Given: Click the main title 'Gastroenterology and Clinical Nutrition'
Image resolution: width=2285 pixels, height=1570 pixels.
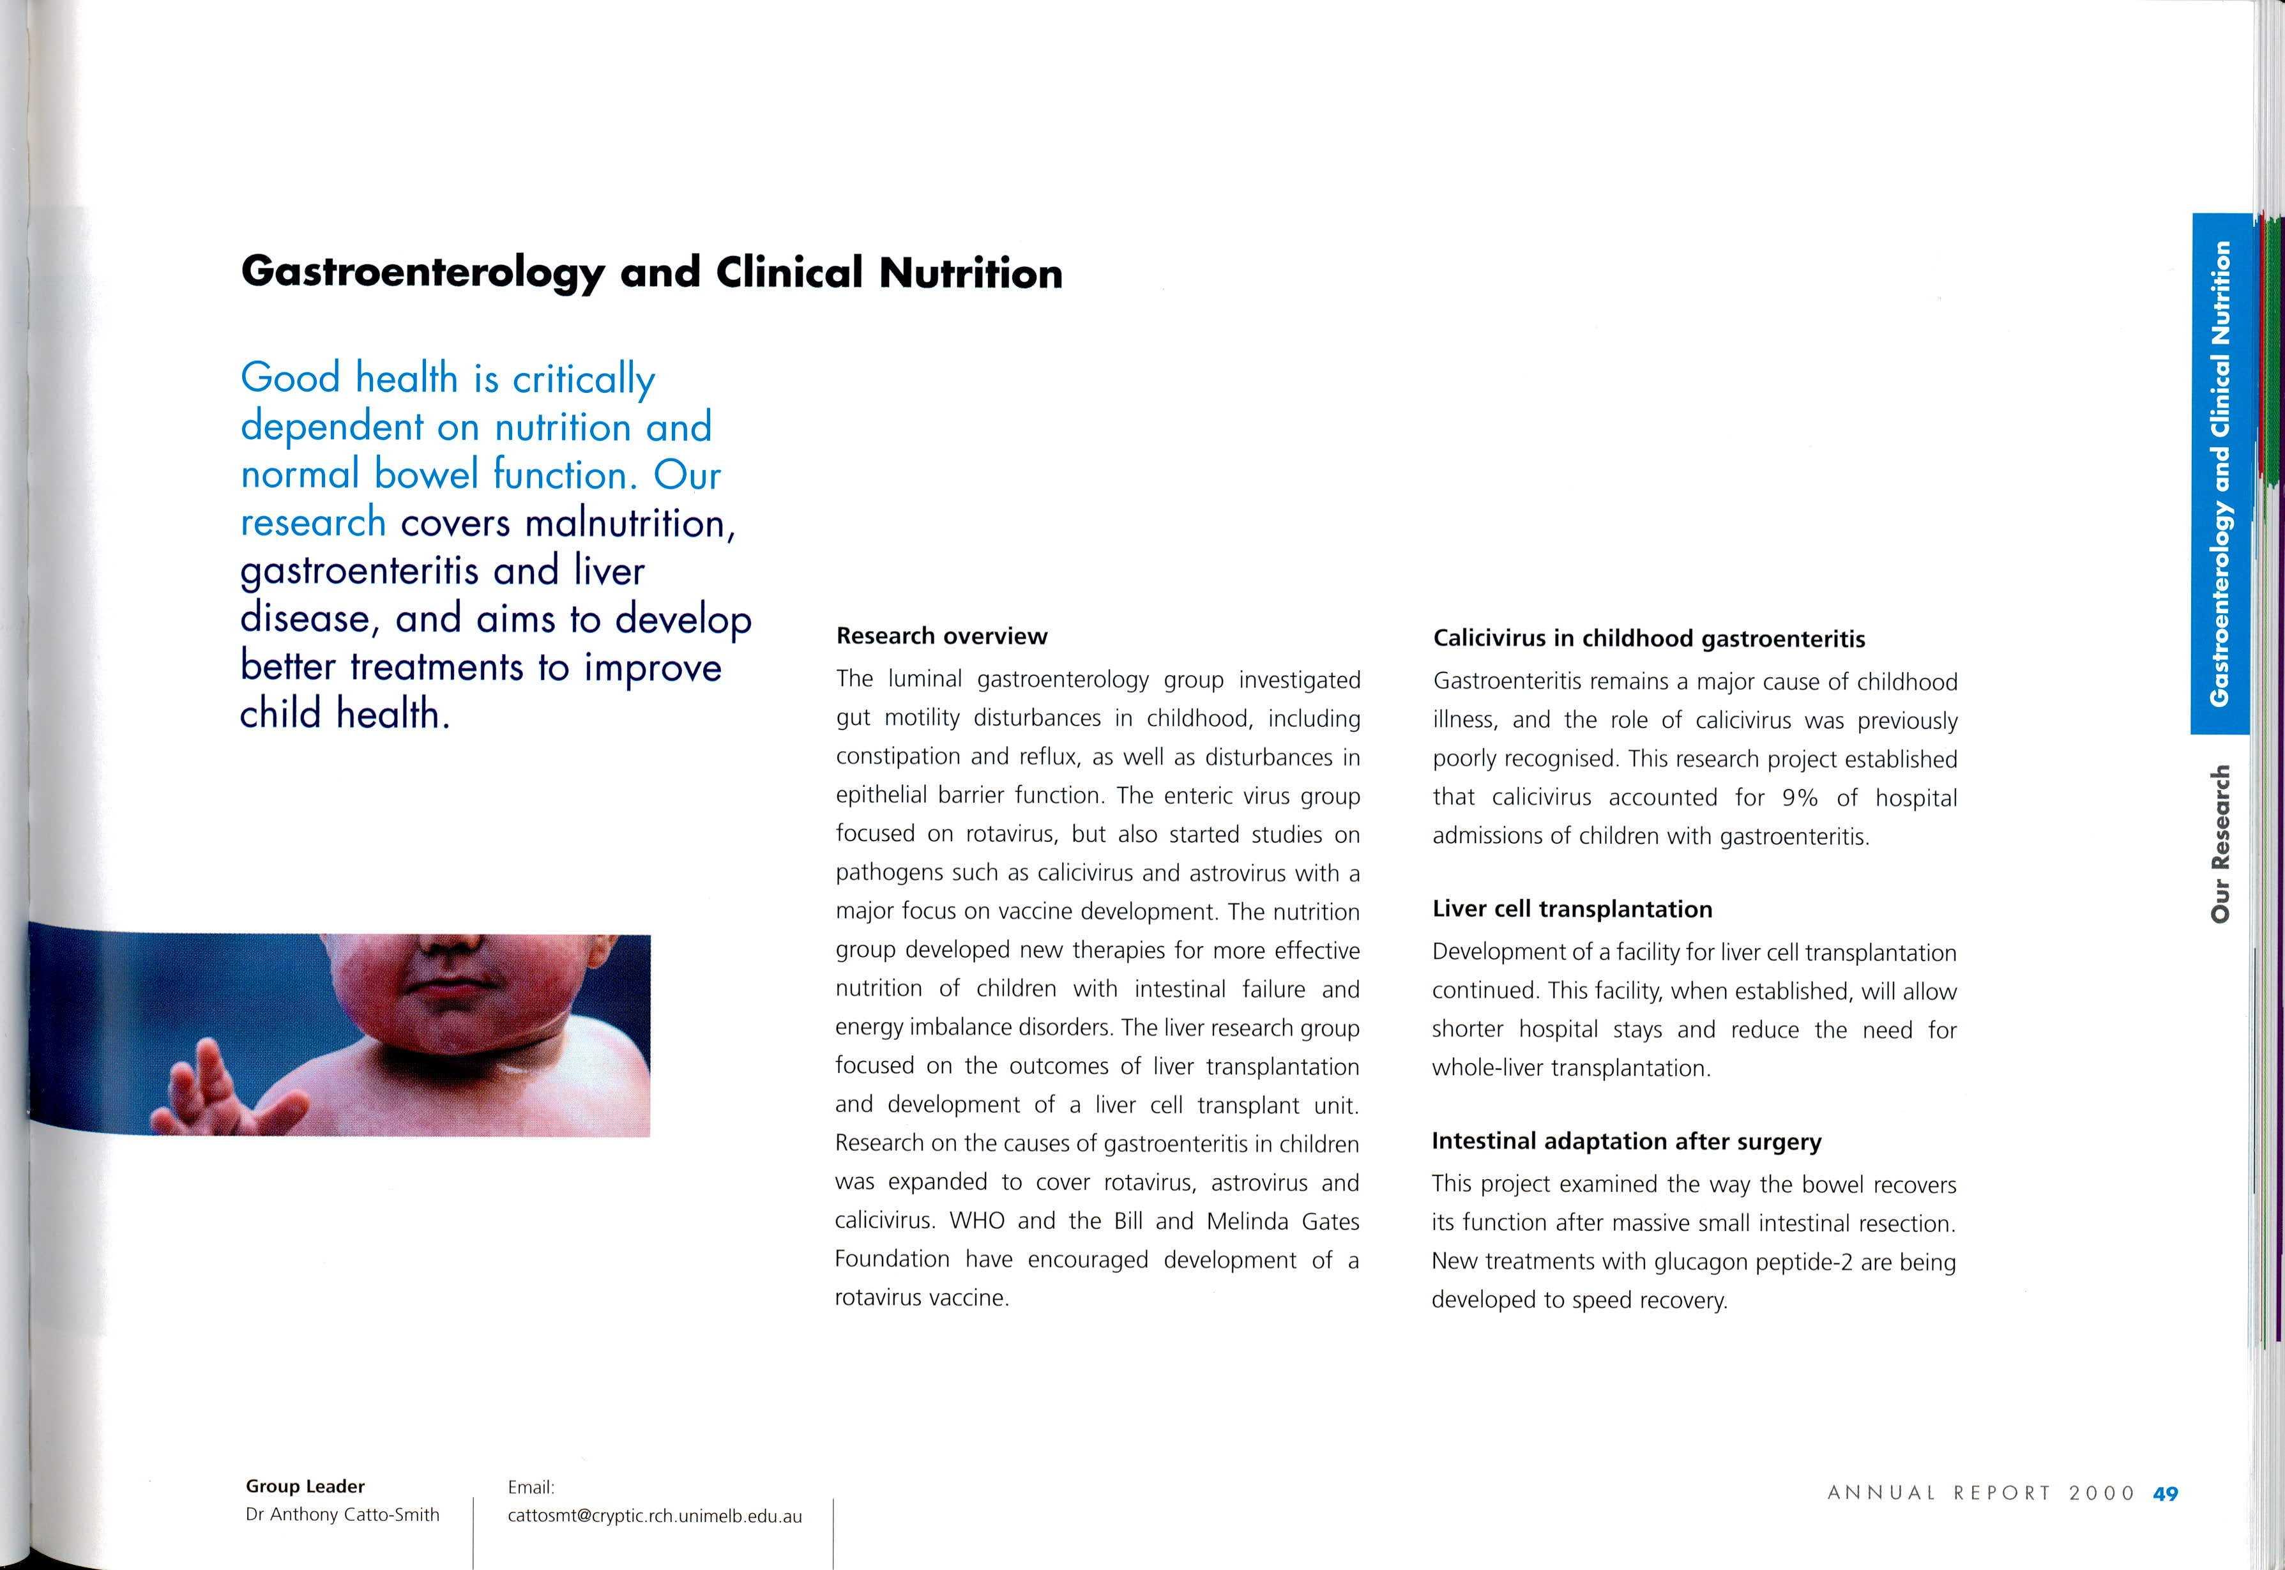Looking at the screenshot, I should (651, 273).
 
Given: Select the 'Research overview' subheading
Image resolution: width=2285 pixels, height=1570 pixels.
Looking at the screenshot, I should (941, 636).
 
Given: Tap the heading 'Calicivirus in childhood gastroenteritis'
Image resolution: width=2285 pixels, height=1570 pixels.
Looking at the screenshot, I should (1648, 639).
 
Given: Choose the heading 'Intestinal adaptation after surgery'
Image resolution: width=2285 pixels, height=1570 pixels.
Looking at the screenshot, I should (1626, 1141).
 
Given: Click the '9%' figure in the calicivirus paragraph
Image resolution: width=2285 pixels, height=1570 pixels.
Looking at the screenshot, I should (1799, 798).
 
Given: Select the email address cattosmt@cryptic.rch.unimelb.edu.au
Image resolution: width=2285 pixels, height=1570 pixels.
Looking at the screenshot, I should (654, 1516).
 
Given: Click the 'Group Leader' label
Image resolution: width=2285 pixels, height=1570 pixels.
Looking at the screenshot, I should (305, 1486).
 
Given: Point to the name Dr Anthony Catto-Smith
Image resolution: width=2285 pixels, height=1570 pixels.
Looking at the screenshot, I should (342, 1515).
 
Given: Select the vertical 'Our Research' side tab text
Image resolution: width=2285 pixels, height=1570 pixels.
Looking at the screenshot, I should (2220, 844).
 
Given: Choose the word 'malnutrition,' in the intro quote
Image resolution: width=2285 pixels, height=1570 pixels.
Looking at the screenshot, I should (630, 522).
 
